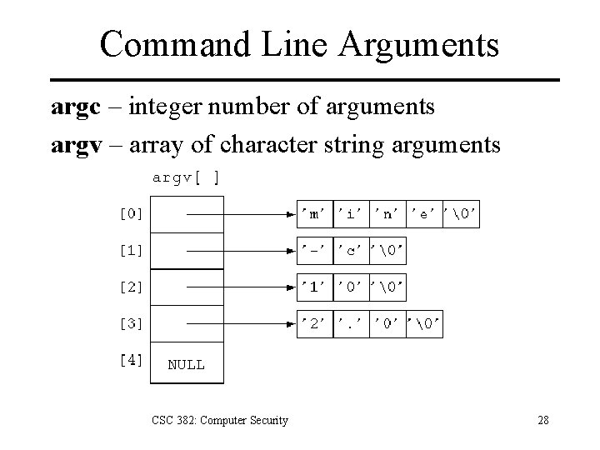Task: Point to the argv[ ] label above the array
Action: point(186,177)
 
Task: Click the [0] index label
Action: point(131,213)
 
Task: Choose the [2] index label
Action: point(131,287)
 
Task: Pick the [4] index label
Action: point(131,360)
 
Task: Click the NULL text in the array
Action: point(186,364)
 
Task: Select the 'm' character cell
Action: point(315,213)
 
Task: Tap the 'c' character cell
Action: point(351,250)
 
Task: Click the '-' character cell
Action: point(315,250)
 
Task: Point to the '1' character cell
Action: point(315,287)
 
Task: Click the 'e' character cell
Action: point(423,213)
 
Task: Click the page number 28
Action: point(542,420)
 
